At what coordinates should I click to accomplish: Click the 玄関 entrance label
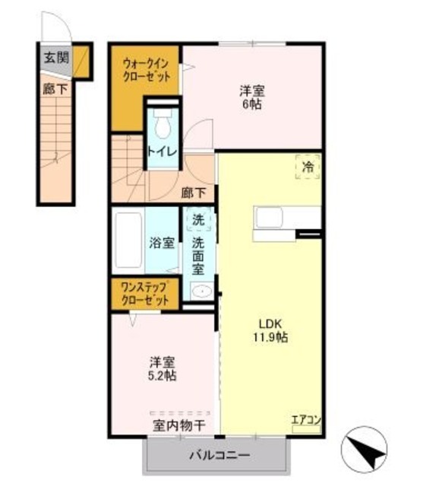pyautogui.click(x=55, y=58)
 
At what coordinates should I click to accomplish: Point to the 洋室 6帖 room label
pyautogui.click(x=253, y=97)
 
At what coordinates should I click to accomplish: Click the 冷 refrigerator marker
pyautogui.click(x=308, y=167)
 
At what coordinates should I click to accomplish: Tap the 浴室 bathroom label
pyautogui.click(x=162, y=243)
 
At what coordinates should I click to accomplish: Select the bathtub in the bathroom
pyautogui.click(x=130, y=242)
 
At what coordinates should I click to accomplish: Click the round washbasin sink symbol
pyautogui.click(x=200, y=291)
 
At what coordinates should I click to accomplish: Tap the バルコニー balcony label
pyautogui.click(x=219, y=457)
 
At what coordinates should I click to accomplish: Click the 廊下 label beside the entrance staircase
pyautogui.click(x=54, y=88)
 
